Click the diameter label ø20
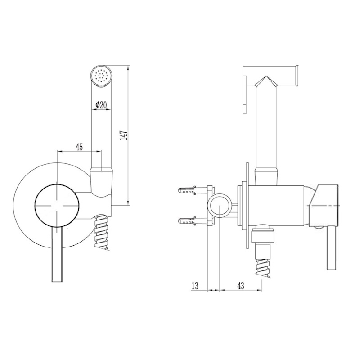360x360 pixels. tap(101, 105)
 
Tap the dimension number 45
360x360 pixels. tap(79, 147)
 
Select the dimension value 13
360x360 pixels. tap(195, 286)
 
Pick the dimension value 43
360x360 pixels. tap(241, 286)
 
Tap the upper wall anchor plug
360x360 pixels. tap(187, 190)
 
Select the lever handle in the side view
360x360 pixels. tap(332, 251)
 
